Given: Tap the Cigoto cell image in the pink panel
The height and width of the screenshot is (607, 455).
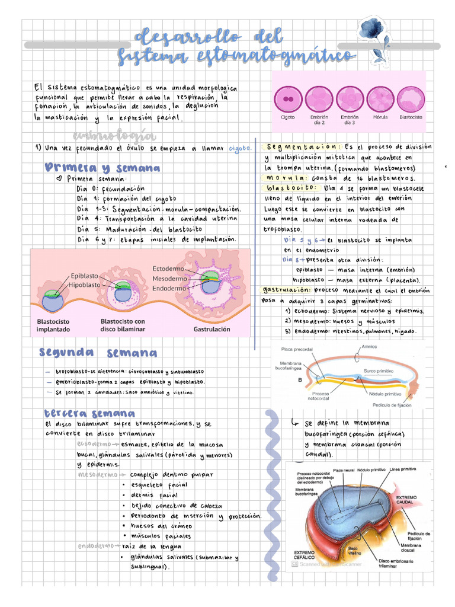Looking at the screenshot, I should coord(289,98).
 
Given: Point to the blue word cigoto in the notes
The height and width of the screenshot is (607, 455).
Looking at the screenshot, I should coord(240,148).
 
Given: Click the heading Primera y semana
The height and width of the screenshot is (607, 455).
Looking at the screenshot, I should coord(102,168).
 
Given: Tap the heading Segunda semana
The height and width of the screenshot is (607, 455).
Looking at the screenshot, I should coord(98,353).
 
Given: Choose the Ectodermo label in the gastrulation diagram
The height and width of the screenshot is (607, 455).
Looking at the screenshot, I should coord(168,268).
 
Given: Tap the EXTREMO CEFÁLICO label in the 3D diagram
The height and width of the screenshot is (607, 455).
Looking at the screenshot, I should coord(308,555).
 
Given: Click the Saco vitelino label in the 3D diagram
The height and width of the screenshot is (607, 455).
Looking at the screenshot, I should coord(355,551).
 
